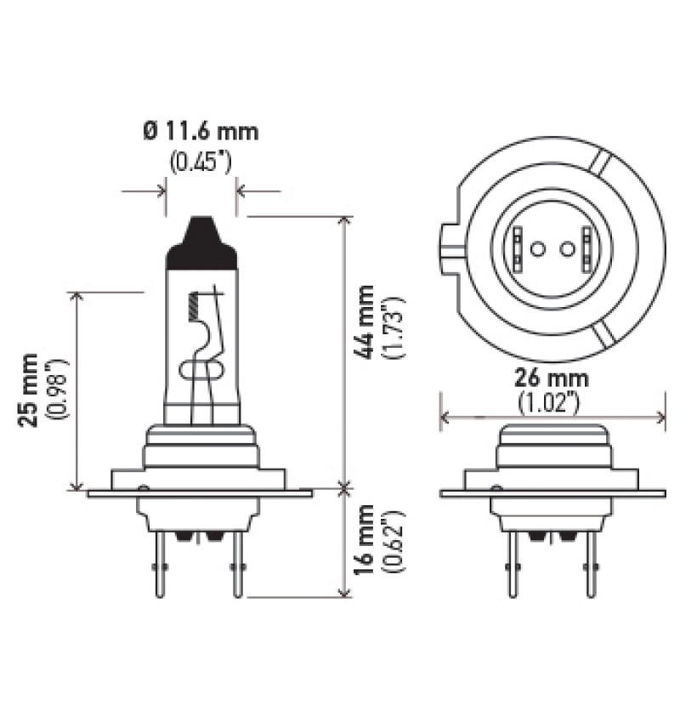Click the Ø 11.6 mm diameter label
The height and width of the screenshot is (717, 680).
(x=201, y=132)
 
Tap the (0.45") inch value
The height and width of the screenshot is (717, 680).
(x=201, y=162)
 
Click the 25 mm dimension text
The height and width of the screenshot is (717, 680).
(x=31, y=389)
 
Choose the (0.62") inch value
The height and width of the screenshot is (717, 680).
(x=394, y=543)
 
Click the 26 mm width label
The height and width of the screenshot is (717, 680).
(x=552, y=378)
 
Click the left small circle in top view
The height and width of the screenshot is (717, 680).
(x=535, y=249)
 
